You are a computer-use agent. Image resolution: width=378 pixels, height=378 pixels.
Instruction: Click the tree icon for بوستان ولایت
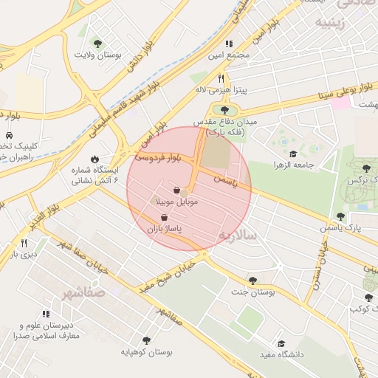(97, 44)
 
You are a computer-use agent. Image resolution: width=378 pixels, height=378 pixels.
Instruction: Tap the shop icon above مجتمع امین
(229, 44)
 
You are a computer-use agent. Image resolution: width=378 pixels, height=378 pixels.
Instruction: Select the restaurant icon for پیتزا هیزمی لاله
(220, 78)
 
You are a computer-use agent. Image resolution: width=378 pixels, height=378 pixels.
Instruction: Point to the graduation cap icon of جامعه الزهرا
(293, 154)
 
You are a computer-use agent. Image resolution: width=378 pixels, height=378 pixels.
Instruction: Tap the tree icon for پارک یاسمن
(340, 217)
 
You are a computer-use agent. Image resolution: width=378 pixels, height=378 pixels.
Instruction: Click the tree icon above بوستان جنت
(252, 281)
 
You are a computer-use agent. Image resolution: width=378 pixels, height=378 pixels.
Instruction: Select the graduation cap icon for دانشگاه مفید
(281, 343)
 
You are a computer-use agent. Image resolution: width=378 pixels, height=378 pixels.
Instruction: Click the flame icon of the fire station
(94, 159)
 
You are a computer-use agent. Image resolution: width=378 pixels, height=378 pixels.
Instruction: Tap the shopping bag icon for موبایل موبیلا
(176, 190)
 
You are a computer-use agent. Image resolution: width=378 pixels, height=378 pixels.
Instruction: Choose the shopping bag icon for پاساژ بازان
(163, 218)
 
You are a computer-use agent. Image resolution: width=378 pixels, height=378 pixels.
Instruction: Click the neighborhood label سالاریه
(236, 235)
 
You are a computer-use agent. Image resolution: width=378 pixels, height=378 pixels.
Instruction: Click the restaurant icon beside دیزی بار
(24, 243)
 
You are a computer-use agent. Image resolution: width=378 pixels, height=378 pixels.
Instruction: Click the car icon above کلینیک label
(8, 137)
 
